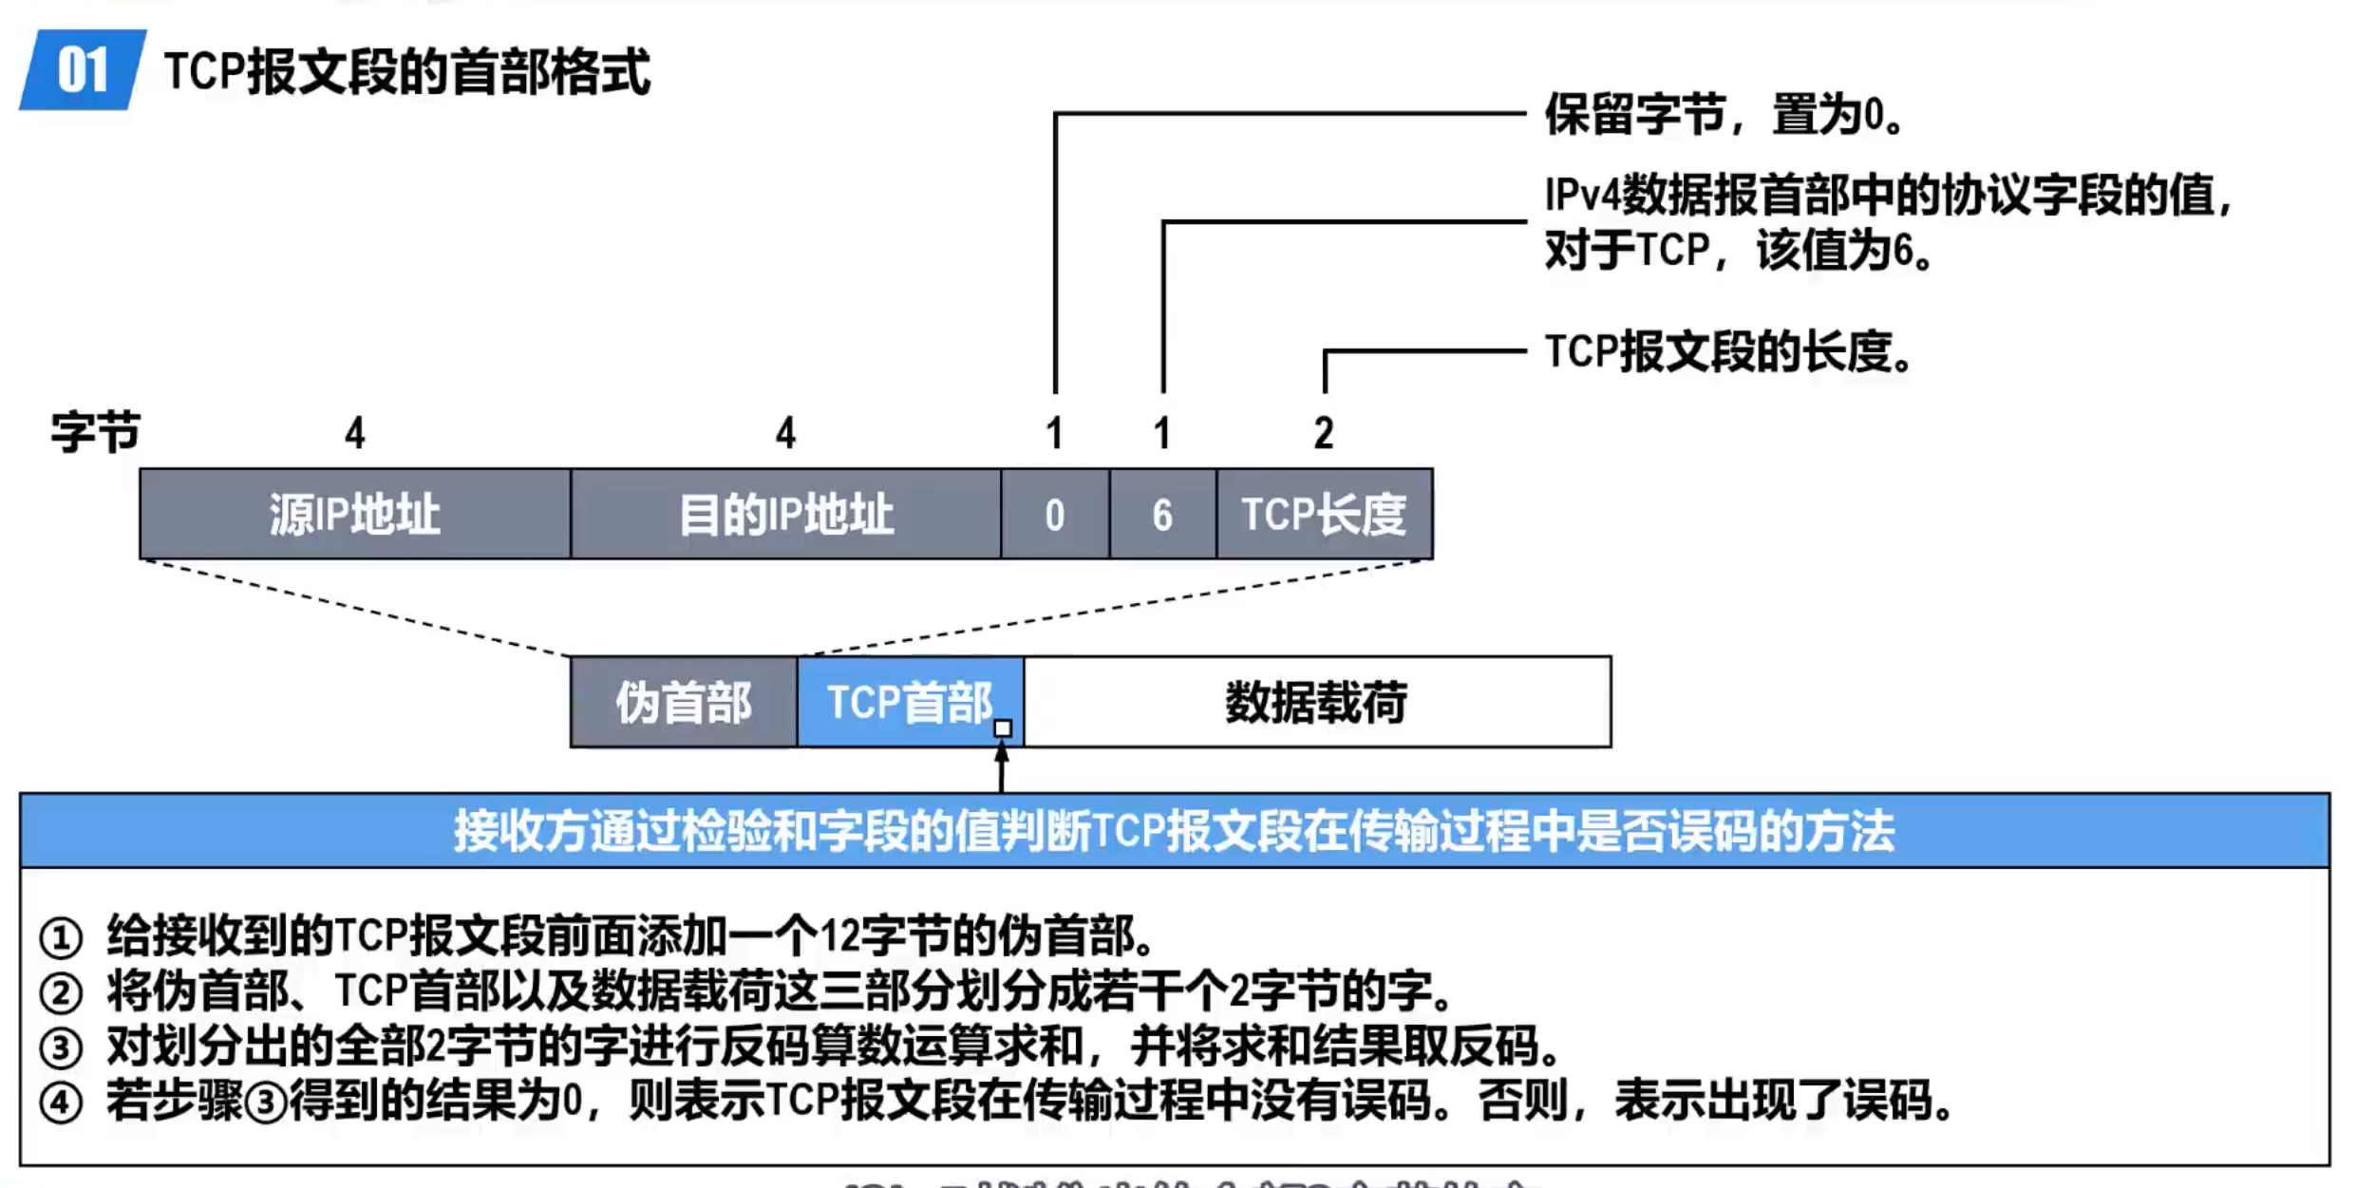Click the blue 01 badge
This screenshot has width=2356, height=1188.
click(83, 70)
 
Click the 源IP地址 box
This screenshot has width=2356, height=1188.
click(354, 514)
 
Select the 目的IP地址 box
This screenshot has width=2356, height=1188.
click(785, 514)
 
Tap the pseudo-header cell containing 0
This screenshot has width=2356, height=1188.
click(1054, 514)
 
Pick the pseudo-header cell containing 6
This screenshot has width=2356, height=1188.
click(1162, 514)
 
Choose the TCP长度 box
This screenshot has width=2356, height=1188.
click(1324, 514)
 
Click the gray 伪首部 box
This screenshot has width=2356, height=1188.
click(683, 703)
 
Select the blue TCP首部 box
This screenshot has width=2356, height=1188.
click(909, 703)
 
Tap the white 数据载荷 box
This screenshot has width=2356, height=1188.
click(1316, 703)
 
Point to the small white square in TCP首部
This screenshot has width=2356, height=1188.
click(1002, 728)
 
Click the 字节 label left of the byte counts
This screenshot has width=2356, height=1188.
click(95, 433)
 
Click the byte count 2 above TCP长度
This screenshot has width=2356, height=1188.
click(1324, 433)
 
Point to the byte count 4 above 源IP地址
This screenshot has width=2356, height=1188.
click(354, 433)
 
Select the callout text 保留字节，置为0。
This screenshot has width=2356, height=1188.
click(1723, 115)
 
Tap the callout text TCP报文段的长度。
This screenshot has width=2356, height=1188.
click(1727, 352)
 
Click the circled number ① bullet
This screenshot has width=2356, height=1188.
click(61, 937)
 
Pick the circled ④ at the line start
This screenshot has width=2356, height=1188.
click(61, 1103)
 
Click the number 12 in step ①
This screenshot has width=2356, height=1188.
click(839, 936)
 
